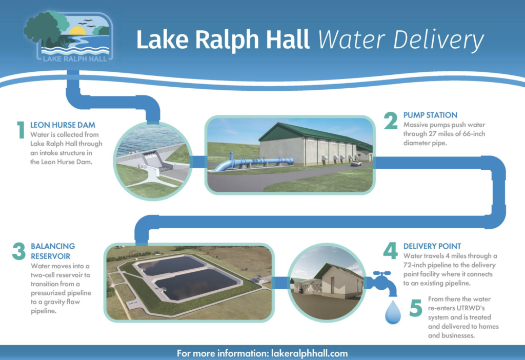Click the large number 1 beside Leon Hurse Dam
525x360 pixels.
pos(21,130)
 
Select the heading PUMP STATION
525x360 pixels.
pos(430,115)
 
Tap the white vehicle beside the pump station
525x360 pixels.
pos(356,164)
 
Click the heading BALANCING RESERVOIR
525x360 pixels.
pos(53,251)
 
